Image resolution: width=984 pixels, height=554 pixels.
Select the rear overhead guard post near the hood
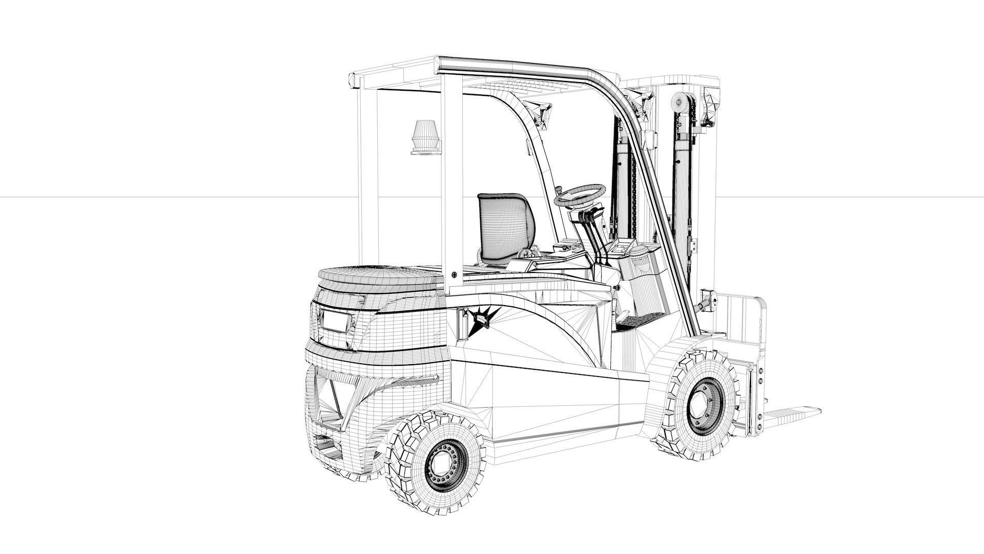451,180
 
